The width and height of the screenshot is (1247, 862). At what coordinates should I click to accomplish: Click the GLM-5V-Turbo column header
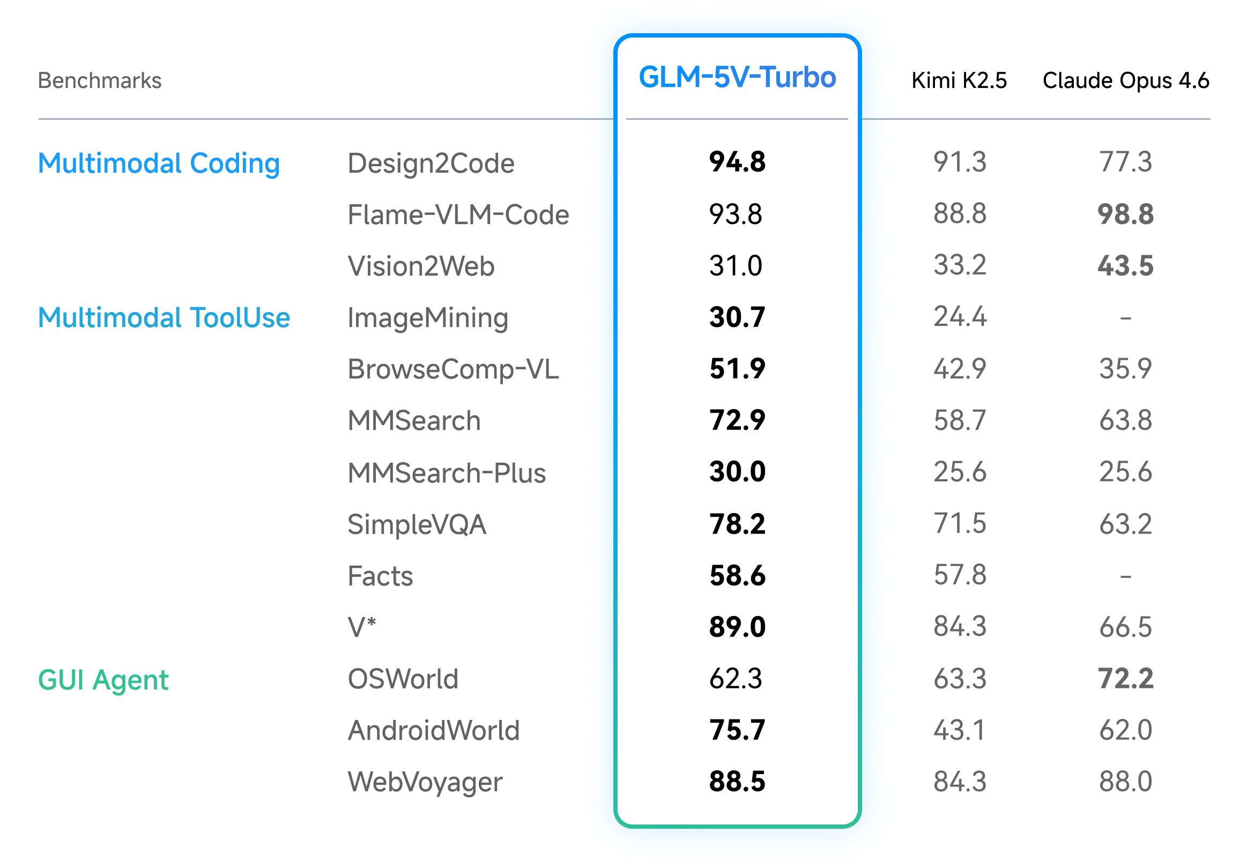(737, 77)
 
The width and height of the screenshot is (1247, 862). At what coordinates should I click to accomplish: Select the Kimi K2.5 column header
(959, 80)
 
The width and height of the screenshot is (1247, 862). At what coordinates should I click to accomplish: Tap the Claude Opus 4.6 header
(1125, 80)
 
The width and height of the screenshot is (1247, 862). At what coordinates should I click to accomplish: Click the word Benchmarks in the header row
(99, 80)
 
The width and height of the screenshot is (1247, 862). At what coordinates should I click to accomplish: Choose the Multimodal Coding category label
(159, 163)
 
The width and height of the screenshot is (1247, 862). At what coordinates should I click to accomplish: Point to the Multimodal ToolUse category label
(164, 317)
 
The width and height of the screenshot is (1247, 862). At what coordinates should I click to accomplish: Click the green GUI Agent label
(103, 679)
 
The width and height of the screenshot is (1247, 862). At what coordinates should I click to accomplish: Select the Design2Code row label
(430, 163)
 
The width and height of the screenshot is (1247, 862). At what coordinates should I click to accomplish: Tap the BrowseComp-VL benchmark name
(452, 369)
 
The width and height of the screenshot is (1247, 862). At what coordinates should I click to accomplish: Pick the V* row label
(361, 627)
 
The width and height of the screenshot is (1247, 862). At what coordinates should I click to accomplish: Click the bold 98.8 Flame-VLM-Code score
(1125, 214)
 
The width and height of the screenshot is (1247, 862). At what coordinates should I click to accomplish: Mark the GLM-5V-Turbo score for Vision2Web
(735, 266)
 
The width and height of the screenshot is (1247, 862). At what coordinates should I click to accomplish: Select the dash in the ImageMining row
(1125, 318)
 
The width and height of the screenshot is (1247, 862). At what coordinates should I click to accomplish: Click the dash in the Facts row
(1125, 576)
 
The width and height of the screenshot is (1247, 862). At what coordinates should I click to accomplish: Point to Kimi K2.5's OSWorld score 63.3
(959, 679)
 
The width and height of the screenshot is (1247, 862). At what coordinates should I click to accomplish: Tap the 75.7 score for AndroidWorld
(737, 730)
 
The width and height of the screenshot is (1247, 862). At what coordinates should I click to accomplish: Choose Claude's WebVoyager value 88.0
(1125, 782)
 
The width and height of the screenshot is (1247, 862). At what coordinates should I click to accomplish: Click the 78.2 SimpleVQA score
(737, 524)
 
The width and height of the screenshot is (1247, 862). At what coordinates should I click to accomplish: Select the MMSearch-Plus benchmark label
(446, 473)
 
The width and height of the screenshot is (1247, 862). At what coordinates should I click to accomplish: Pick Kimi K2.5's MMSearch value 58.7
(959, 420)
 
